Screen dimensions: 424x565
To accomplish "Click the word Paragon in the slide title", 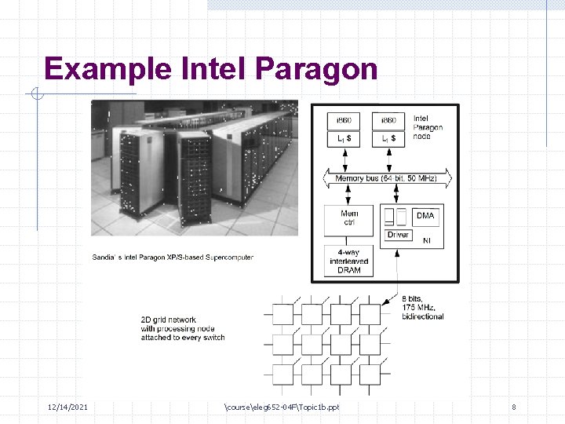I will (x=316, y=69).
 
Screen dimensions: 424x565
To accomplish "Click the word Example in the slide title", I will (x=108, y=69).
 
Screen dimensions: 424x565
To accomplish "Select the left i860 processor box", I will (x=344, y=120).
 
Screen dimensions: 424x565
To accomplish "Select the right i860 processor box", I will (x=388, y=120).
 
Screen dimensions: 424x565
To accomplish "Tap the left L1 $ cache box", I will (x=344, y=138).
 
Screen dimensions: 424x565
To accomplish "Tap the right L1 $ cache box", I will (x=388, y=138).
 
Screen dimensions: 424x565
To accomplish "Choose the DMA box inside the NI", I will (x=425, y=215).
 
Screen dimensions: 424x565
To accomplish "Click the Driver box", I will (x=398, y=235).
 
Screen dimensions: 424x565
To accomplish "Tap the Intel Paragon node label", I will (x=428, y=127).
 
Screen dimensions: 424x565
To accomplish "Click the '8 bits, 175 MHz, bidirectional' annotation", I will (x=422, y=307).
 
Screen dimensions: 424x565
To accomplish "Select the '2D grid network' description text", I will (x=182, y=328).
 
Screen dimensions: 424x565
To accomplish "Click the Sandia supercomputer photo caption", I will (x=173, y=257).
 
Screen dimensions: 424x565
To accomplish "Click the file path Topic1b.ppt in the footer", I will (x=282, y=407).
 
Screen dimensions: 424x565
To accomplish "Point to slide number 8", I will (x=513, y=407).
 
